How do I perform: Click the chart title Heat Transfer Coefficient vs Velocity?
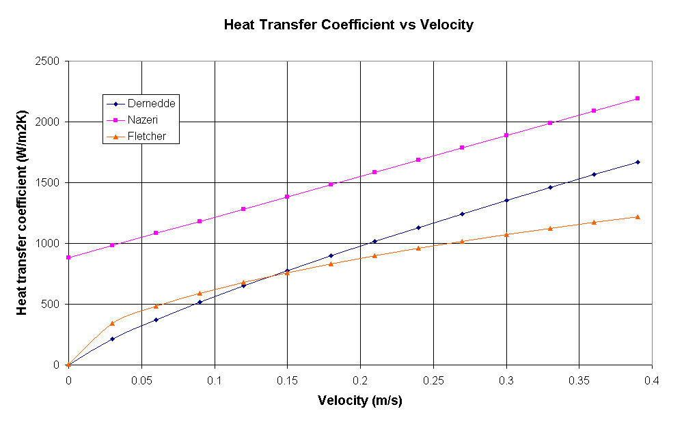(x=348, y=25)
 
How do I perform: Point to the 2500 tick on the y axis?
(x=50, y=61)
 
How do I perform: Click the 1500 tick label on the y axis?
(x=50, y=183)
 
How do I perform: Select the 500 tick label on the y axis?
(x=53, y=305)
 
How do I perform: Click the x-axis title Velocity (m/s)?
(x=360, y=400)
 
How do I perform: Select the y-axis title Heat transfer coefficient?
(x=23, y=213)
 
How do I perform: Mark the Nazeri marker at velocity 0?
(x=68, y=257)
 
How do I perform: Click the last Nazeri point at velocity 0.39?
(x=638, y=98)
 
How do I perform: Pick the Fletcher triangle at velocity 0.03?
(x=112, y=323)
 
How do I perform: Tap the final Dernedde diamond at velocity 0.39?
(x=638, y=162)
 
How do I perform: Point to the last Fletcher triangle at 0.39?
(x=638, y=216)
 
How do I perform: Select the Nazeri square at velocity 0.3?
(x=506, y=135)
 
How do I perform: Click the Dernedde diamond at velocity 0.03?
(x=112, y=339)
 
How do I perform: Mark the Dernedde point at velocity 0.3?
(x=506, y=200)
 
